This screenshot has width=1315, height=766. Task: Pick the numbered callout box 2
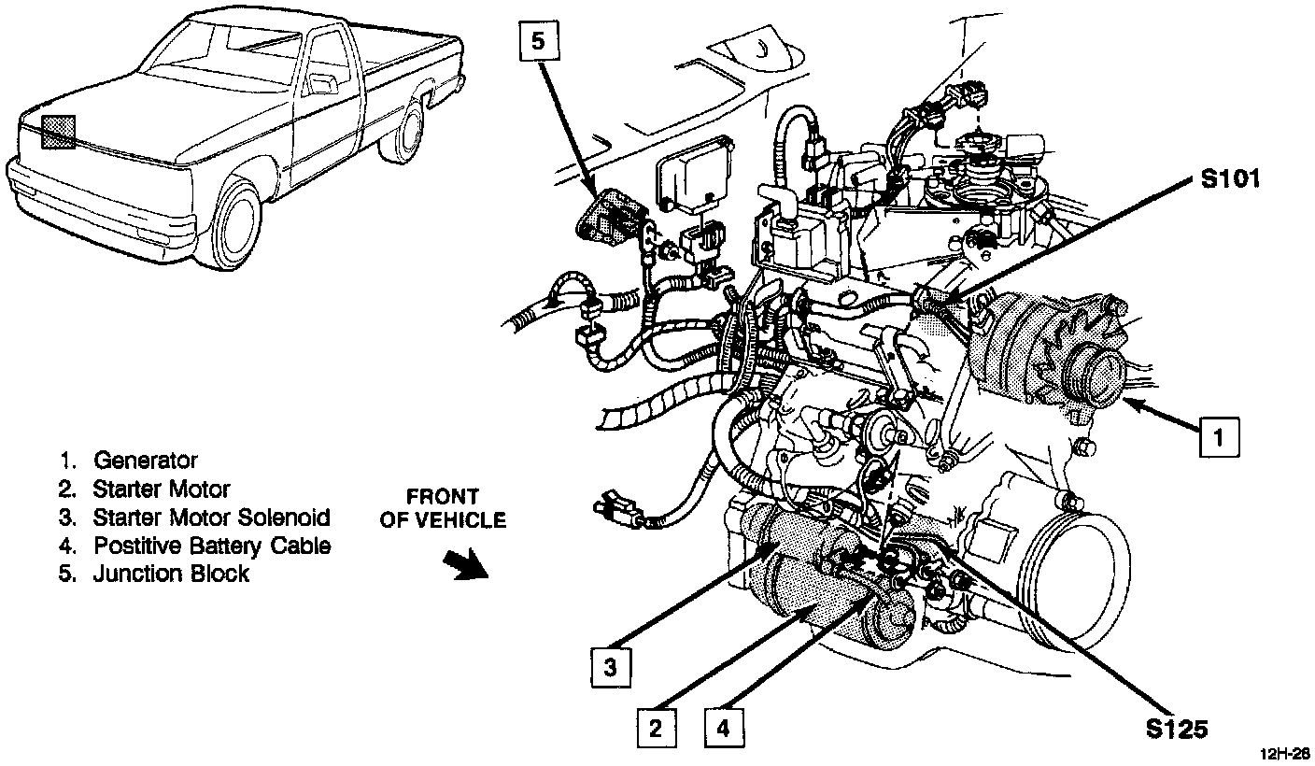[657, 728]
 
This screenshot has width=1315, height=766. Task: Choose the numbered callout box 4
[726, 728]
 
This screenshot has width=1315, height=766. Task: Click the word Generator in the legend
[145, 461]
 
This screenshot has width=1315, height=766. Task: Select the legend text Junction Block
[171, 574]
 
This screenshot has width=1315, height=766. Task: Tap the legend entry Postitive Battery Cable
[211, 546]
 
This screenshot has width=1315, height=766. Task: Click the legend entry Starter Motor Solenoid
[211, 517]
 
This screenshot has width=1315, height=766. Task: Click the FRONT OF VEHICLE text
[443, 508]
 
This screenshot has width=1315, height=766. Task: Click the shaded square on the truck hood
[57, 132]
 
